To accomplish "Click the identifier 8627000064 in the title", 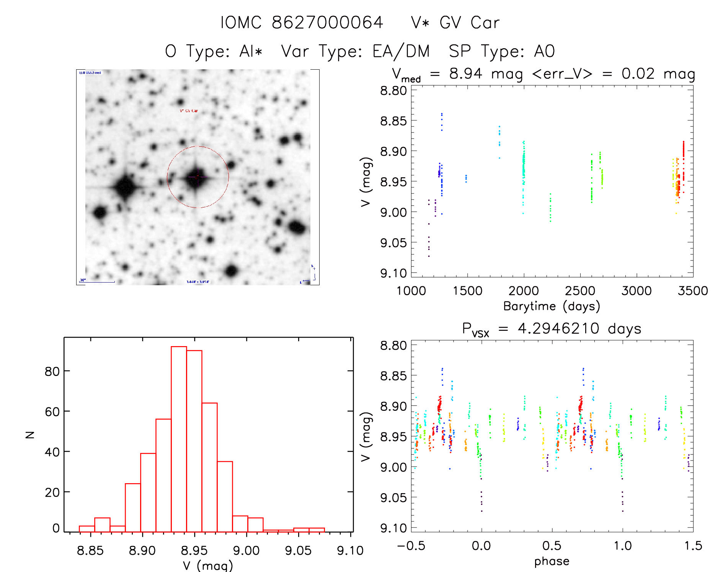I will point(327,23).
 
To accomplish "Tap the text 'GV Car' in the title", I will point(469,23).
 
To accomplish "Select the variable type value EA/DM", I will point(401,51).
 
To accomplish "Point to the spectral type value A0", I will point(544,51).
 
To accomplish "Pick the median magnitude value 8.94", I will point(465,74).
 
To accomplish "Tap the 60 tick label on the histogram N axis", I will point(52,412).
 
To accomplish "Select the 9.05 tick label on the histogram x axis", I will point(298,551).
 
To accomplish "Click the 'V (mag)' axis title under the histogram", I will point(208,565).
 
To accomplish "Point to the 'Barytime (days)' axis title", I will point(552,306).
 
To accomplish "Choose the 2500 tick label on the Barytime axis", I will point(580,291).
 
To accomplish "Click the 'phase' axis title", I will point(552,561).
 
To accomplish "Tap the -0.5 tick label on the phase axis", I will point(411,546).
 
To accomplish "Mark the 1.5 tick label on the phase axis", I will point(693,546).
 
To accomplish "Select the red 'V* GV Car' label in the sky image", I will point(189,111).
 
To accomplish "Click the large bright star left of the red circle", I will point(125,187).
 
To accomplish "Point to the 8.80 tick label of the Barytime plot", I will point(393,91).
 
